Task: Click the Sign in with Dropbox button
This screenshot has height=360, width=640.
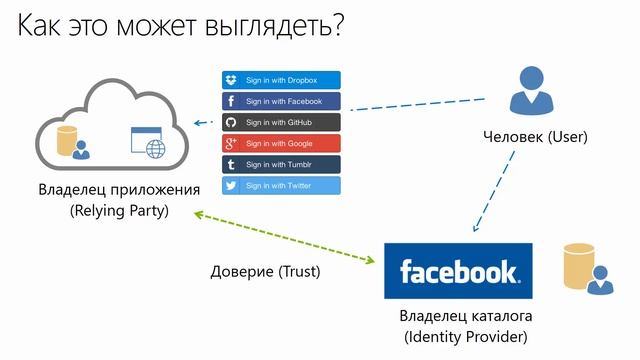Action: [x=280, y=80]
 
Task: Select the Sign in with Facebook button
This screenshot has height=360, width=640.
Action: [x=280, y=101]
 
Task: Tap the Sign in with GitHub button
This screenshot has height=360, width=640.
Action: [x=280, y=122]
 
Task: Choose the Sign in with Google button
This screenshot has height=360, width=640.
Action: [x=280, y=143]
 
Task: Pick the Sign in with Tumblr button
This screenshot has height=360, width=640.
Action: [x=280, y=164]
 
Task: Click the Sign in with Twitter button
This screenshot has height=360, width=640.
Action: [x=280, y=185]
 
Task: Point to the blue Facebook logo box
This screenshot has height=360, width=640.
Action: [x=459, y=270]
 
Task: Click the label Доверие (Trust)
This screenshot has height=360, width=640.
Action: [x=272, y=271]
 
